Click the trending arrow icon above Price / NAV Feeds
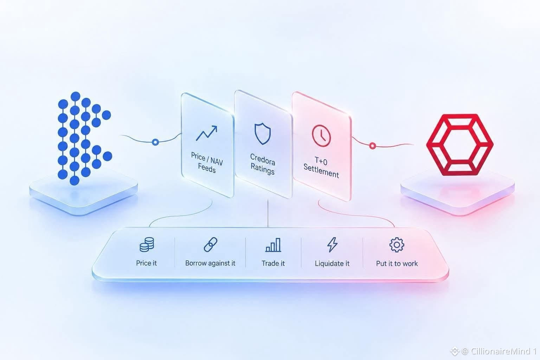click(206, 133)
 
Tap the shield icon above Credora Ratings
click(263, 134)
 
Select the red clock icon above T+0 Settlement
click(321, 136)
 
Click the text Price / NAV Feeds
click(207, 162)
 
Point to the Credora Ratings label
click(263, 164)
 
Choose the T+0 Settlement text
click(321, 167)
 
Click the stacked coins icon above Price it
click(147, 244)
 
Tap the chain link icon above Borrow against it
click(211, 244)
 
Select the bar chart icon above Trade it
click(273, 245)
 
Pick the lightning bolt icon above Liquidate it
click(332, 244)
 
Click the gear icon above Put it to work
click(397, 245)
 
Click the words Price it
click(146, 263)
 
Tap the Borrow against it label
click(210, 263)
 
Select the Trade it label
click(273, 263)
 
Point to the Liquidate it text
click(332, 264)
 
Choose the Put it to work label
click(397, 264)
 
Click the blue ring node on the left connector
click(155, 142)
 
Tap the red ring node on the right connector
click(372, 146)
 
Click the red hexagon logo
click(460, 145)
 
